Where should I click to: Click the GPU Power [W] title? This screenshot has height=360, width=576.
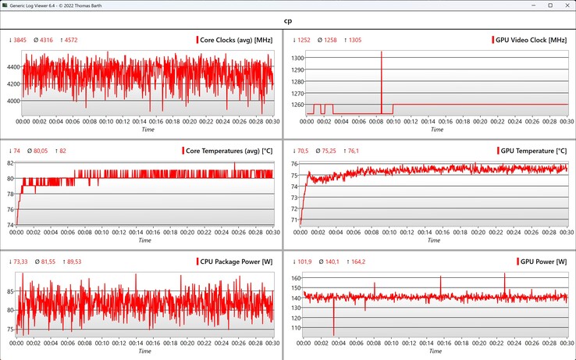(x=542, y=261)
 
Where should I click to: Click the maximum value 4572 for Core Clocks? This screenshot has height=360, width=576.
(x=66, y=40)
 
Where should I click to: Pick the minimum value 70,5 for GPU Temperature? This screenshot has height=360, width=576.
(x=300, y=151)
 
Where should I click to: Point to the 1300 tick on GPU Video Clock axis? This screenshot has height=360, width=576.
(x=297, y=58)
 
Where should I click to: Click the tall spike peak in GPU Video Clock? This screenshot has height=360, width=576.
(x=382, y=52)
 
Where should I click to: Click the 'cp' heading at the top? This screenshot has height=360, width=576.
(x=288, y=21)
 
